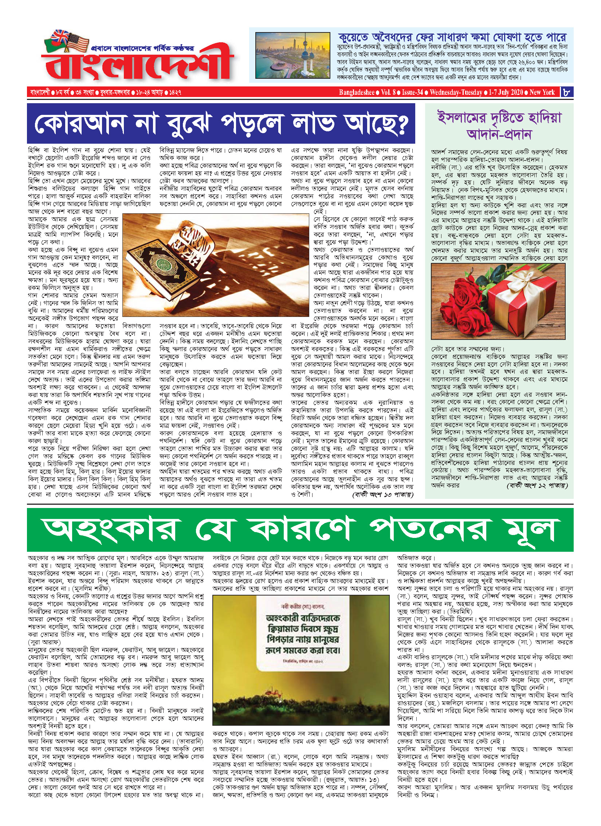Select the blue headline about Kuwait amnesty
(452, 37)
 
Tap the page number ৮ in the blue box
(567, 92)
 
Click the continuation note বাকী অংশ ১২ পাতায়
(537, 486)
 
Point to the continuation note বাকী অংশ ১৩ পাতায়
(383, 495)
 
